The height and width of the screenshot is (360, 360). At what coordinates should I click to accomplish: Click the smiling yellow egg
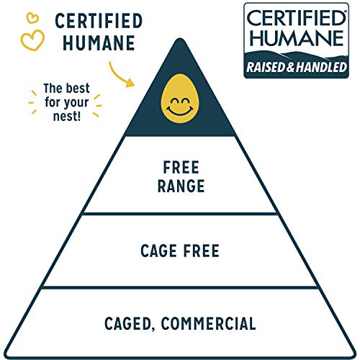pos(180,99)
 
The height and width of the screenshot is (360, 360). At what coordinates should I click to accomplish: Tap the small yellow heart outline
pos(32,18)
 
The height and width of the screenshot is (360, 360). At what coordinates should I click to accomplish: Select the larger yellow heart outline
pos(32,40)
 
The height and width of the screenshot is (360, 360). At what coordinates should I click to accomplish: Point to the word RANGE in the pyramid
pos(181,186)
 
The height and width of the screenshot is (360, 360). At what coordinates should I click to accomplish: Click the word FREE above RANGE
pos(181,167)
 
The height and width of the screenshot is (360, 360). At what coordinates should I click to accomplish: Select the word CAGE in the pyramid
pos(158,251)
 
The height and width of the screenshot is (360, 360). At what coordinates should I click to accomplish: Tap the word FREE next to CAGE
pos(202,251)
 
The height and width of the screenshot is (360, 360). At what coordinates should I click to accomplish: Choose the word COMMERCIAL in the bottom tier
pos(208,323)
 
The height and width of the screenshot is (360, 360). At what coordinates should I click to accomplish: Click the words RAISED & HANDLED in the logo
pos(297,67)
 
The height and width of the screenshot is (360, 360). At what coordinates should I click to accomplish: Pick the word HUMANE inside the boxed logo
pos(297,38)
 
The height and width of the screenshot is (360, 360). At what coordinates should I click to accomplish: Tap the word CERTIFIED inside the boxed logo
pos(296,18)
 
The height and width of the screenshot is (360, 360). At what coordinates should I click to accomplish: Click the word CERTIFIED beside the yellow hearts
pos(99,21)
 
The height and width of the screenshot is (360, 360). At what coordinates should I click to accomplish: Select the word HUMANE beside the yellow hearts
pos(99,43)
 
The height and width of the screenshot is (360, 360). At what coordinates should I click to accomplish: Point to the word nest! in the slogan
pos(67,116)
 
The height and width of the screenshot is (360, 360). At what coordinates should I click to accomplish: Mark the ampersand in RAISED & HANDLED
pos(290,67)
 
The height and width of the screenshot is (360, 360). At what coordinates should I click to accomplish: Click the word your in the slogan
pos(76,103)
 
